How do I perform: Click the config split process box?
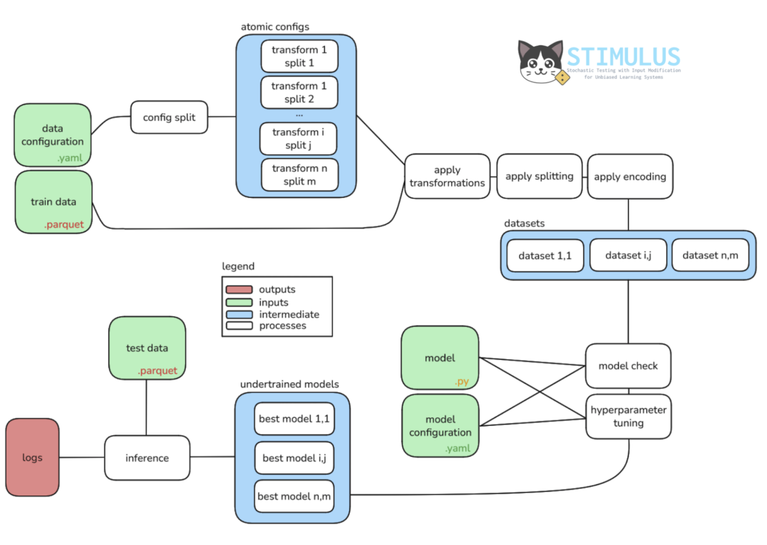point(169,117)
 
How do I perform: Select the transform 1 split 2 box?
point(299,93)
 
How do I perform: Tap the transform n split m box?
point(299,175)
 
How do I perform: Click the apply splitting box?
point(539,176)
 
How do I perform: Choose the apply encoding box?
point(630,177)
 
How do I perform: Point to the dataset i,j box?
point(628,255)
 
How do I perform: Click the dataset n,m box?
point(710,255)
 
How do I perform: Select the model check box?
point(628,366)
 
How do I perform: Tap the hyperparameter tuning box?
point(628,417)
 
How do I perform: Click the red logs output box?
point(32,457)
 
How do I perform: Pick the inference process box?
point(147,458)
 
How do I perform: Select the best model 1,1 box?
point(294,419)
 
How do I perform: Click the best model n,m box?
point(294,496)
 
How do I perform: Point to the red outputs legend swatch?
point(239,290)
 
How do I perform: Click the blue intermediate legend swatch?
point(239,315)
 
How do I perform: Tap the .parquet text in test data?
point(158,370)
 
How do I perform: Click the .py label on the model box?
point(462,382)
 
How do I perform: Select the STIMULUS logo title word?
point(623,57)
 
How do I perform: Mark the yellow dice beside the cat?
point(562,78)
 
